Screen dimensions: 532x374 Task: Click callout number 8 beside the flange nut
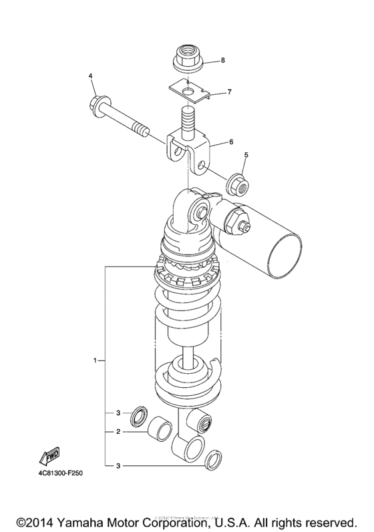point(222,61)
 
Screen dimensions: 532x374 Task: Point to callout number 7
point(228,91)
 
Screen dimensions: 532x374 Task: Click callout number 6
point(231,142)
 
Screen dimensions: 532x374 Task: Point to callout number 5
point(245,155)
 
